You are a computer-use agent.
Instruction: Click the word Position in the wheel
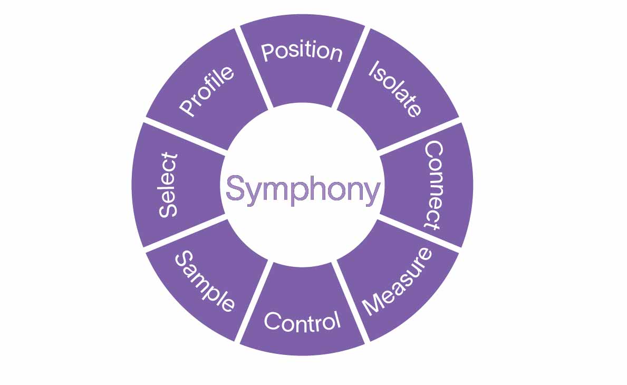click(302, 52)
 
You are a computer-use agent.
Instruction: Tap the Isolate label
click(394, 89)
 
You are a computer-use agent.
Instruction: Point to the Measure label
click(397, 282)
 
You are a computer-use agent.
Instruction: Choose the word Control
click(302, 321)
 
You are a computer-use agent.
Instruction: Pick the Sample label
click(205, 282)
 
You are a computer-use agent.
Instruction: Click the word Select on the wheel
click(168, 185)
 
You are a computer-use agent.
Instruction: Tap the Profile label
click(206, 91)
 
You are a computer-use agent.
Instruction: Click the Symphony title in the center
click(303, 189)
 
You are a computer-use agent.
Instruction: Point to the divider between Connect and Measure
click(419, 234)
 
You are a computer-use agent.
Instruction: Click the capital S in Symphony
click(235, 188)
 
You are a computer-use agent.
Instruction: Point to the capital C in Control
click(272, 321)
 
